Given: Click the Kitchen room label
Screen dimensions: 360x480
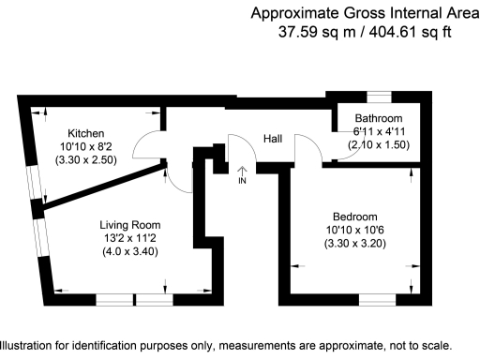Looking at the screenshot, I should tap(85, 133).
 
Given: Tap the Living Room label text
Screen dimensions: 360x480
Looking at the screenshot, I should tap(130, 225).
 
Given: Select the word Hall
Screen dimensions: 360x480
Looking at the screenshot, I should tap(273, 139).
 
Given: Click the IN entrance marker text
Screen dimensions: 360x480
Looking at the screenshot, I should tap(244, 181).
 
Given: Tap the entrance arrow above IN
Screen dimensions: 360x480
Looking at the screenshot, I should tap(244, 170).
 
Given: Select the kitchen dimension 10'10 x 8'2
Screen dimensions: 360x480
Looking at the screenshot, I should tap(85, 147).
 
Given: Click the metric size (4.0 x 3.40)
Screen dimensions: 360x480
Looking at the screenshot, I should tap(130, 251).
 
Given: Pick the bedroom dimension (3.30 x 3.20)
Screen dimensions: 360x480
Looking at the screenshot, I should tap(355, 244).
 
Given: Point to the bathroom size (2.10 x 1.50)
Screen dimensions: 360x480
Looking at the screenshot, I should tap(379, 145).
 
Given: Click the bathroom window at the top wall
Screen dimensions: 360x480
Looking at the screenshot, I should tap(379, 96).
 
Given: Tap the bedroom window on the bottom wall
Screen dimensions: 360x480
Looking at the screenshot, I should tap(379, 299).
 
